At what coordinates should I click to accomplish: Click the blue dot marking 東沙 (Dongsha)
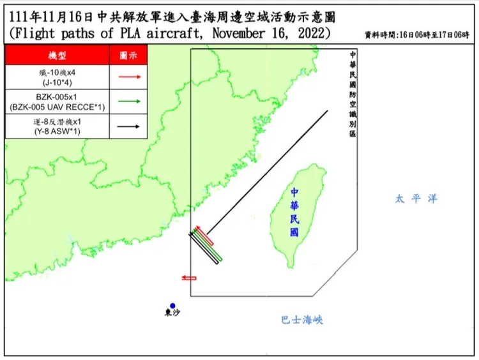[x=172, y=306]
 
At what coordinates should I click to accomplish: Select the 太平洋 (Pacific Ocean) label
[x=416, y=199]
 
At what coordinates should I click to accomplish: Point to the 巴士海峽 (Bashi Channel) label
[x=302, y=319]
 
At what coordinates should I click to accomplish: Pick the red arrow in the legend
[x=129, y=77]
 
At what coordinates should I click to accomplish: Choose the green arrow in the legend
[x=129, y=101]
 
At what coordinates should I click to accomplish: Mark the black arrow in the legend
[x=129, y=126]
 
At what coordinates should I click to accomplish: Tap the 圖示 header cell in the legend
[x=129, y=56]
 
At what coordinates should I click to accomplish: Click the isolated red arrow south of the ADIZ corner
[x=188, y=278]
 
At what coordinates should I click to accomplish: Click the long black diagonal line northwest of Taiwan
[x=268, y=169]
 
